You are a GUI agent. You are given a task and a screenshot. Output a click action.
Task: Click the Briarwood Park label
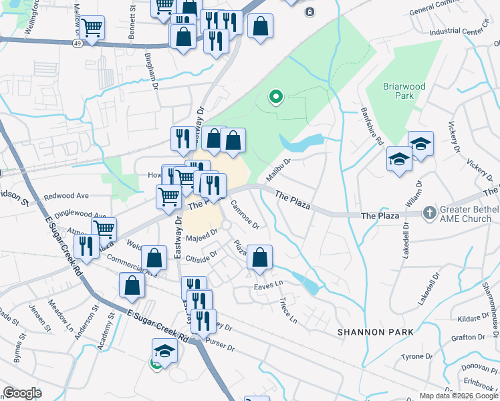tap(398, 91)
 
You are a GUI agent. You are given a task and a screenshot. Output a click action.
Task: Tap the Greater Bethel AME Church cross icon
tap(430, 214)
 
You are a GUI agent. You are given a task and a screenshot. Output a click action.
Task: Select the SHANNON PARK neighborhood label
tap(375, 332)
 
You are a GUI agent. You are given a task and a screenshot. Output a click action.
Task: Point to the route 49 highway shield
tap(78, 43)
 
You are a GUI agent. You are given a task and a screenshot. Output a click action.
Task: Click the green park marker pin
tap(275, 98)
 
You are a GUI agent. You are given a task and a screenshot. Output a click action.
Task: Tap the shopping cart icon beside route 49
tap(92, 28)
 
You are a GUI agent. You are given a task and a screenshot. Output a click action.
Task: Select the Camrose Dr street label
tap(244, 213)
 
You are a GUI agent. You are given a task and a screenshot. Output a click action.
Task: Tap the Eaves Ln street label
tap(269, 286)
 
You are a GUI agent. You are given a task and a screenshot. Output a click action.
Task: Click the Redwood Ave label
tap(66, 196)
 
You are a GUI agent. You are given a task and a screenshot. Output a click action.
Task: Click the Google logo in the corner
tap(22, 393)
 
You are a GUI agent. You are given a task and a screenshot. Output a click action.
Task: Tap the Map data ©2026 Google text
tap(458, 396)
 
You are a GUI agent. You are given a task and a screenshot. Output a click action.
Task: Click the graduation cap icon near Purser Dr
tap(163, 350)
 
